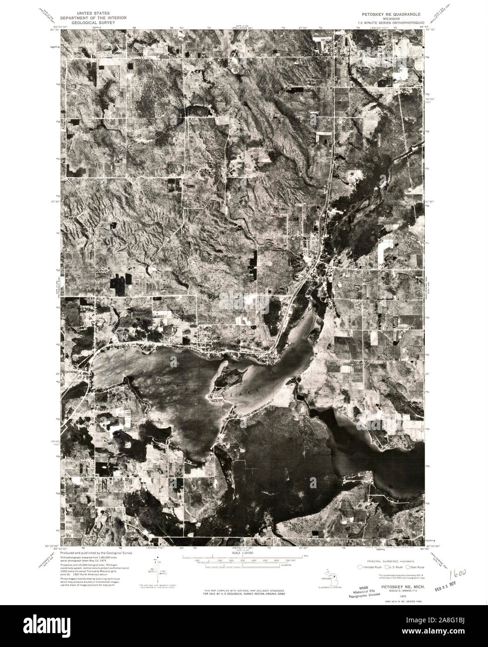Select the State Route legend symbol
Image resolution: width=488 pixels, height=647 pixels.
click(408, 567)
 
